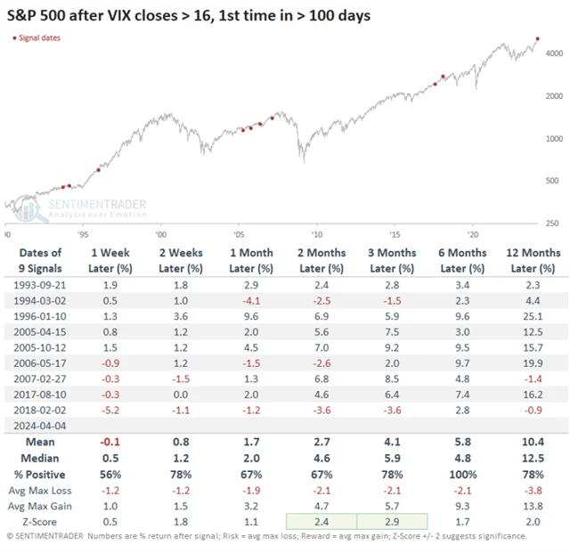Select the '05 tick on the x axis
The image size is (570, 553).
pyautogui.click(x=239, y=235)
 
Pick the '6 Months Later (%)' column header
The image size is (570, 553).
pyautogui.click(x=462, y=260)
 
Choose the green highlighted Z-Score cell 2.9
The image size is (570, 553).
pyautogui.click(x=393, y=520)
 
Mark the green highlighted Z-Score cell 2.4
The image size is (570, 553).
pyautogui.click(x=322, y=520)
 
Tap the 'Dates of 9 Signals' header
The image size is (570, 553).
pyautogui.click(x=40, y=260)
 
